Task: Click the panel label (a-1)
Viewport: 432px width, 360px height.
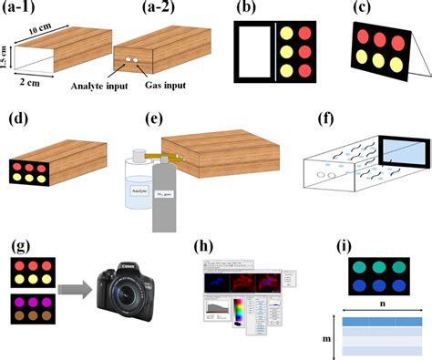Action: click(26, 10)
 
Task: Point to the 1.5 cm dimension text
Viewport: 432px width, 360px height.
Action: click(7, 57)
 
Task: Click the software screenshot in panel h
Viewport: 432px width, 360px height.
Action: click(242, 293)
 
